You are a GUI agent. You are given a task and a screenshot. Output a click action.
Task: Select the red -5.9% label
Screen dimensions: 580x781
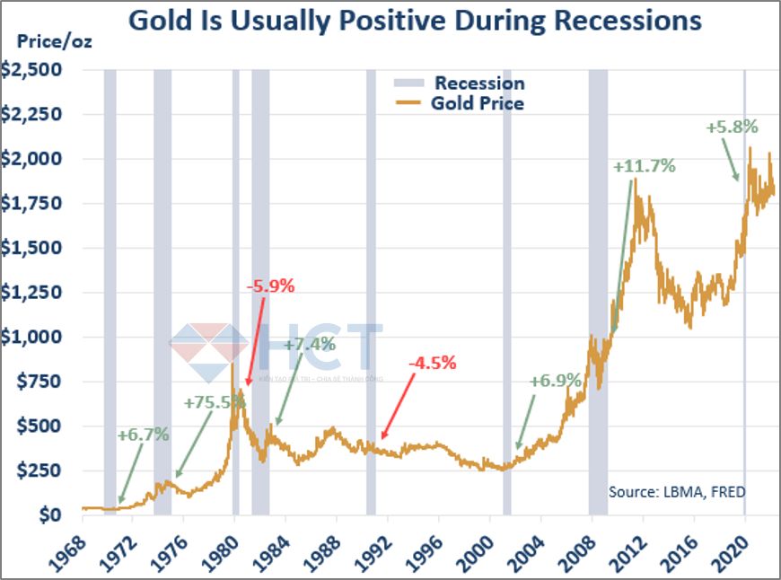point(270,287)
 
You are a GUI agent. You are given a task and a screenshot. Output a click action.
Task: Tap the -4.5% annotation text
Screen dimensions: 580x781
point(432,364)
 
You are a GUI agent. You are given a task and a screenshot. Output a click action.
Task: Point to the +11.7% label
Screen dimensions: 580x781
point(645,166)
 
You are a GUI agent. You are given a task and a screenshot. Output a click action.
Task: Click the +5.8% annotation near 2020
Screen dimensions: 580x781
point(733,127)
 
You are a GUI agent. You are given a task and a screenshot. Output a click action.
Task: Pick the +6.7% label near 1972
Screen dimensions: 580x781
point(143,435)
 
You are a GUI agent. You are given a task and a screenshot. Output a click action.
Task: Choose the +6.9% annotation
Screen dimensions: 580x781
point(557,381)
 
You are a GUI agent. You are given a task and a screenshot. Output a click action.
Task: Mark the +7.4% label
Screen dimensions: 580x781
point(310,345)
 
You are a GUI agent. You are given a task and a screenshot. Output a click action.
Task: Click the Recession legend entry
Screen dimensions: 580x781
point(479,83)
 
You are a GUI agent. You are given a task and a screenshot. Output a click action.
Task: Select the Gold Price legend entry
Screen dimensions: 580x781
point(477,103)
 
